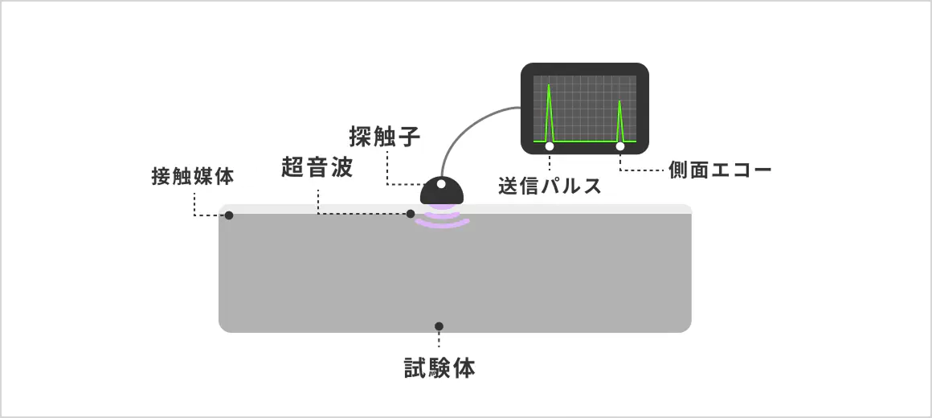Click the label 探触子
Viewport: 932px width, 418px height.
pos(385,137)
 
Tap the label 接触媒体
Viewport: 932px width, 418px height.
pos(193,177)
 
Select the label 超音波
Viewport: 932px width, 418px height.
pos(317,168)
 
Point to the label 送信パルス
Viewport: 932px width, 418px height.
pos(550,186)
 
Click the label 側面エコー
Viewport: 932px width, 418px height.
pos(719,170)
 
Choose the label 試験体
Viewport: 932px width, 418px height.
pos(439,369)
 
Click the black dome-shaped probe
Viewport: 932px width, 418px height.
pos(442,191)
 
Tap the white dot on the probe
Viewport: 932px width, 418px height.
pos(441,184)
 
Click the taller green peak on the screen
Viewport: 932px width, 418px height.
pos(549,113)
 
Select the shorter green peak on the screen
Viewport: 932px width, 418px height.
pos(619,121)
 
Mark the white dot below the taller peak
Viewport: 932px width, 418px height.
pos(550,146)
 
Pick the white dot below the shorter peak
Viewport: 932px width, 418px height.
pos(620,146)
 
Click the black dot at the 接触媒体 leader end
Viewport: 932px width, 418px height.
pos(229,215)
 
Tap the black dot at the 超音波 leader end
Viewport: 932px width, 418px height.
pos(410,214)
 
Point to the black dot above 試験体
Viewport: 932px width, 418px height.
pos(439,326)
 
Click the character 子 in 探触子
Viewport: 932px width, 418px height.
pos(410,137)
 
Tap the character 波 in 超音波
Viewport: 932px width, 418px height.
pos(343,168)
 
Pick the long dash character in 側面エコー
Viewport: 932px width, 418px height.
pos(761,170)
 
